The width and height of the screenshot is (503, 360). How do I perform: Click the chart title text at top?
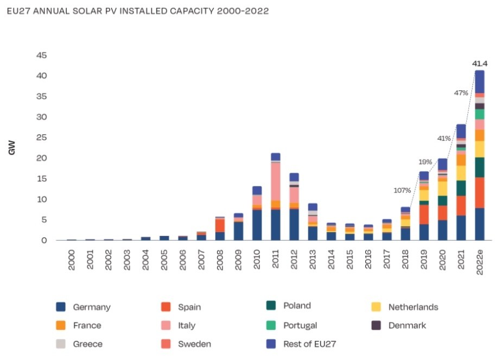pos(138,11)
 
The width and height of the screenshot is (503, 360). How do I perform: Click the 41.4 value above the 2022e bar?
pos(479,63)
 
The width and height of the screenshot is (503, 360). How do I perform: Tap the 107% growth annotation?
pos(402,190)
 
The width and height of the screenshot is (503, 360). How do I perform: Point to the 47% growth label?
pos(461,93)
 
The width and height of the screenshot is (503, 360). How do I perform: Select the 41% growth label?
pos(443,138)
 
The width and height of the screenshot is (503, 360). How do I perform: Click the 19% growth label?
pos(425,162)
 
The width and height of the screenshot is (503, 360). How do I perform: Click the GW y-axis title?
pos(11,148)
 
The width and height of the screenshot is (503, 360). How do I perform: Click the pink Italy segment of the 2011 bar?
pos(276,182)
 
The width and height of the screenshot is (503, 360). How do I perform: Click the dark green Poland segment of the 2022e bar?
pos(480,168)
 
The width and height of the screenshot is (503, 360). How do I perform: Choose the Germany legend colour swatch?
pos(61,307)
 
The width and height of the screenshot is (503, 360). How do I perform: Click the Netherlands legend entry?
pos(412,307)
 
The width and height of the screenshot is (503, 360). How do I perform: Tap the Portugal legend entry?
pos(300,325)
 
